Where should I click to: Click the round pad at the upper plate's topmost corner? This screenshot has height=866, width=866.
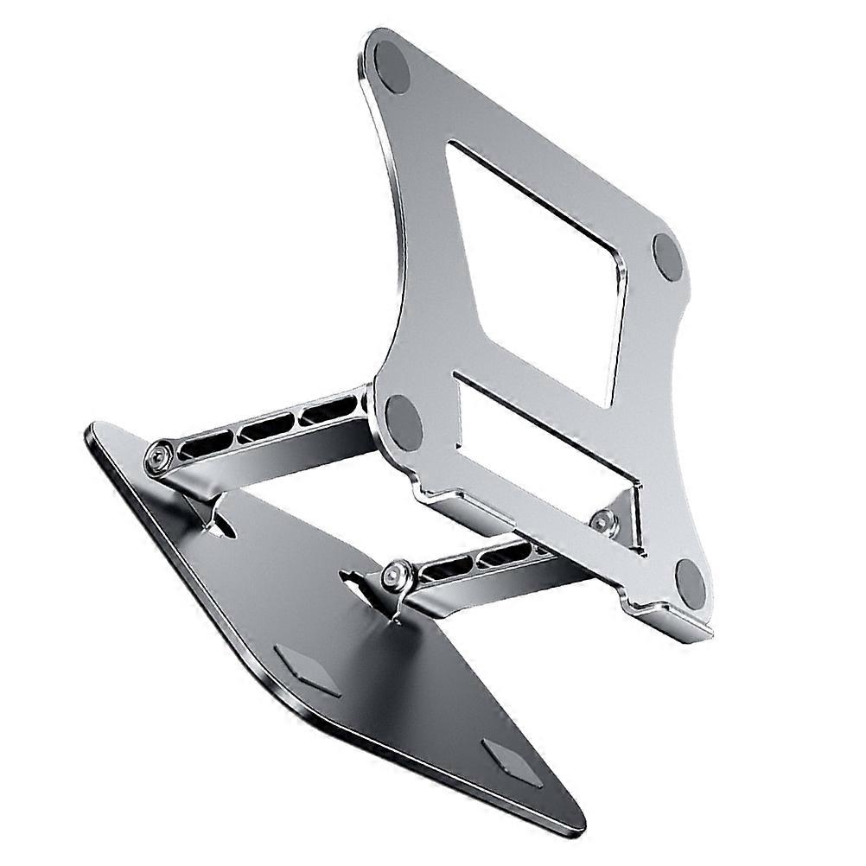pyautogui.click(x=392, y=66)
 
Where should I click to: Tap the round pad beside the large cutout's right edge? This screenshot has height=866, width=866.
pyautogui.click(x=668, y=257)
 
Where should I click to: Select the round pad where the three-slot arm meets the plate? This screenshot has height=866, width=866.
pyautogui.click(x=403, y=422)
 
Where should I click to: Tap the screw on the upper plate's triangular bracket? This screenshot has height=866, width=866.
pyautogui.click(x=603, y=520)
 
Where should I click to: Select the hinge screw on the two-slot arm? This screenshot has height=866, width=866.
pyautogui.click(x=396, y=572)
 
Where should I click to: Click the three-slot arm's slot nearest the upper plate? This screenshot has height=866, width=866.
pyautogui.click(x=327, y=409)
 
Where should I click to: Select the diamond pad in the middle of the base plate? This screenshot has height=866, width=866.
pyautogui.click(x=308, y=670)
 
